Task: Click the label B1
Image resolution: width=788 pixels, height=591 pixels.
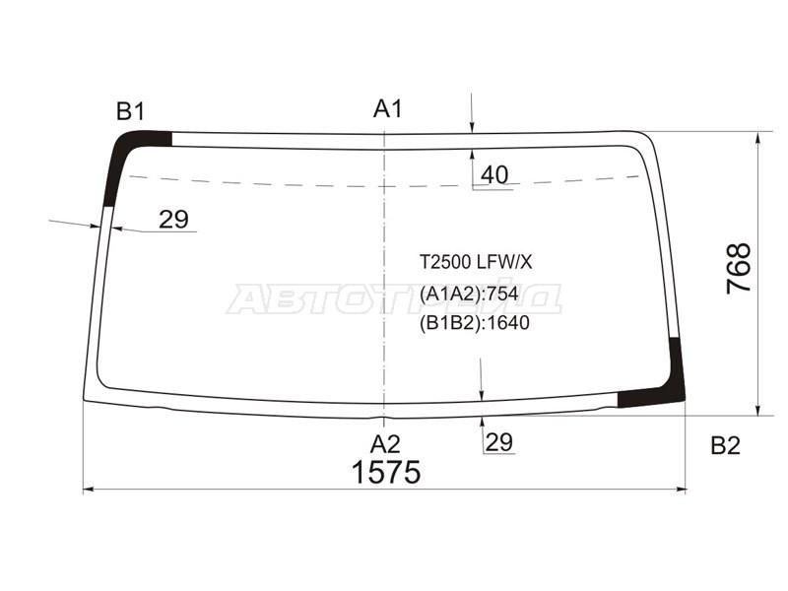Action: click(x=131, y=111)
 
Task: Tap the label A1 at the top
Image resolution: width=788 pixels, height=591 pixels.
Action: click(x=388, y=109)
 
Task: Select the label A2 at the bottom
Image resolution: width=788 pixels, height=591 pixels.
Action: click(x=385, y=445)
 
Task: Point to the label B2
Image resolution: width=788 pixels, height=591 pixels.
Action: click(x=726, y=446)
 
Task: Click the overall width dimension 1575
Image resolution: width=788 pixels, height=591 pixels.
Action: click(x=386, y=473)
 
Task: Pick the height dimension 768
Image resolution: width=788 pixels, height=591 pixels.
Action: click(x=739, y=268)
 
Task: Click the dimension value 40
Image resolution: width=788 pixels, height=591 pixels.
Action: click(x=494, y=175)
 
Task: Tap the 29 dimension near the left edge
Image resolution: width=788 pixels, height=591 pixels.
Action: click(x=173, y=219)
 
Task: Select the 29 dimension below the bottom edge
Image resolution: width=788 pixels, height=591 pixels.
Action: click(x=499, y=442)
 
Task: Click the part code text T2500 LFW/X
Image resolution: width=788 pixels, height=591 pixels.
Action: click(x=476, y=262)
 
